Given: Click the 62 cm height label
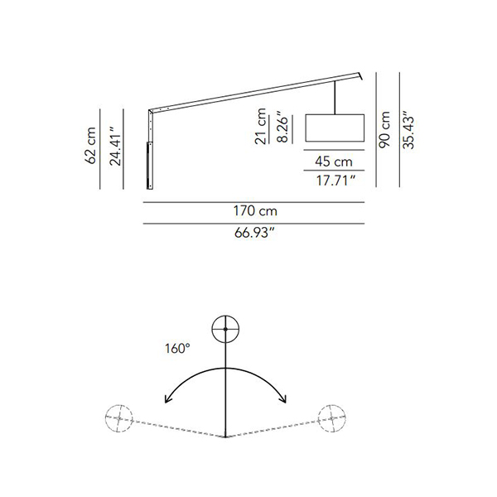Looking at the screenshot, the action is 90,146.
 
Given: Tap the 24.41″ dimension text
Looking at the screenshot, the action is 115,146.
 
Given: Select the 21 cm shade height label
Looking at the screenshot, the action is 261,126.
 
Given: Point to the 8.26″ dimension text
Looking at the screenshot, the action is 282,127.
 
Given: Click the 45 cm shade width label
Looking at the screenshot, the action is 334,162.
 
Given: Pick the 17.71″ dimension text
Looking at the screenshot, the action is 335,181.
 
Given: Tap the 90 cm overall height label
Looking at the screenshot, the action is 384,129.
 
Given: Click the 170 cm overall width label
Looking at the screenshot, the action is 255,210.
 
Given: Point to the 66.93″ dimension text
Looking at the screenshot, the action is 254,233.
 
